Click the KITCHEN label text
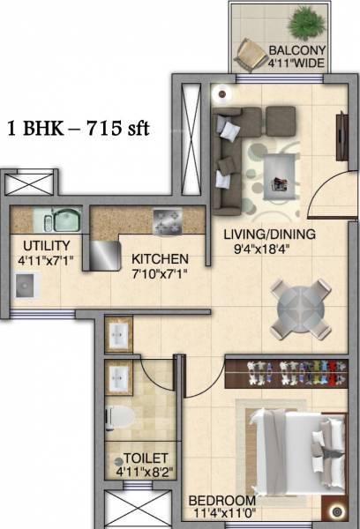(160, 259)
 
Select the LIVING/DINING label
(269, 235)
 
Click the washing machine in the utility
(26, 284)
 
